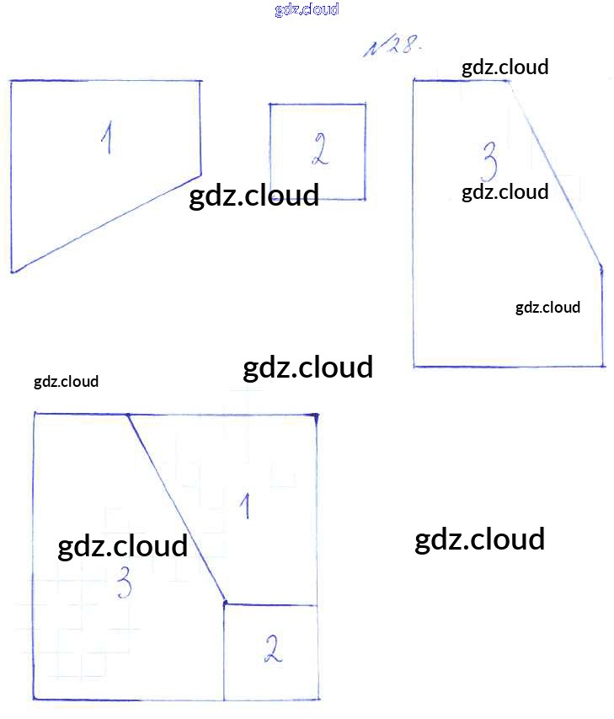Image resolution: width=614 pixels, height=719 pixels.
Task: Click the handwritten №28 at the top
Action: pyautogui.click(x=390, y=47)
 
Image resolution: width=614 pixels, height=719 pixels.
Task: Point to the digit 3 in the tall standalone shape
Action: pyautogui.click(x=488, y=158)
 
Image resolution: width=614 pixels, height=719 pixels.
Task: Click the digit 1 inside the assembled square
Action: pyautogui.click(x=245, y=506)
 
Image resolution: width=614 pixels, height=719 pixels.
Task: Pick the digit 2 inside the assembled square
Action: pyautogui.click(x=271, y=650)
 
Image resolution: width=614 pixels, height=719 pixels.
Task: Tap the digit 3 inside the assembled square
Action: pyautogui.click(x=124, y=583)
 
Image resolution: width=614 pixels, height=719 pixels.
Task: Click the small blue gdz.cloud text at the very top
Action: pyautogui.click(x=307, y=10)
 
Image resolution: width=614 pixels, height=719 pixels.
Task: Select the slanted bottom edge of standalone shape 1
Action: pyautogui.click(x=105, y=223)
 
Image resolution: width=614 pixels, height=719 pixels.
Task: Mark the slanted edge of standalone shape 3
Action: pyautogui.click(x=556, y=173)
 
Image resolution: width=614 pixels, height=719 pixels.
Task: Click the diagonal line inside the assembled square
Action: pyautogui.click(x=175, y=508)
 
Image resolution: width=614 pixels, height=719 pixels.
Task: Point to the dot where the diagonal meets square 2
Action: pyautogui.click(x=225, y=602)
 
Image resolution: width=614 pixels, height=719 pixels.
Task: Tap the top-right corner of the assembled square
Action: pyautogui.click(x=317, y=416)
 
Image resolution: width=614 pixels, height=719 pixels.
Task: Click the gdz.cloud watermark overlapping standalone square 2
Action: pyautogui.click(x=254, y=196)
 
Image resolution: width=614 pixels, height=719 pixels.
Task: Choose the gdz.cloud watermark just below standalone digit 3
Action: pyautogui.click(x=505, y=192)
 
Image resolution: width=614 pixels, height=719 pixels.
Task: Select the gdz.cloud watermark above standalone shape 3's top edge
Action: pyautogui.click(x=505, y=67)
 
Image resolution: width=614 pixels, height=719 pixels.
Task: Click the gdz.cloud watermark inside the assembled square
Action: pyautogui.click(x=122, y=546)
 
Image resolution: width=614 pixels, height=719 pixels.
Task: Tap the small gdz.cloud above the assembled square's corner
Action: pyautogui.click(x=66, y=382)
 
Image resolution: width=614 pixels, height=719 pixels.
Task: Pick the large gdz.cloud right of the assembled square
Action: pyautogui.click(x=479, y=539)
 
